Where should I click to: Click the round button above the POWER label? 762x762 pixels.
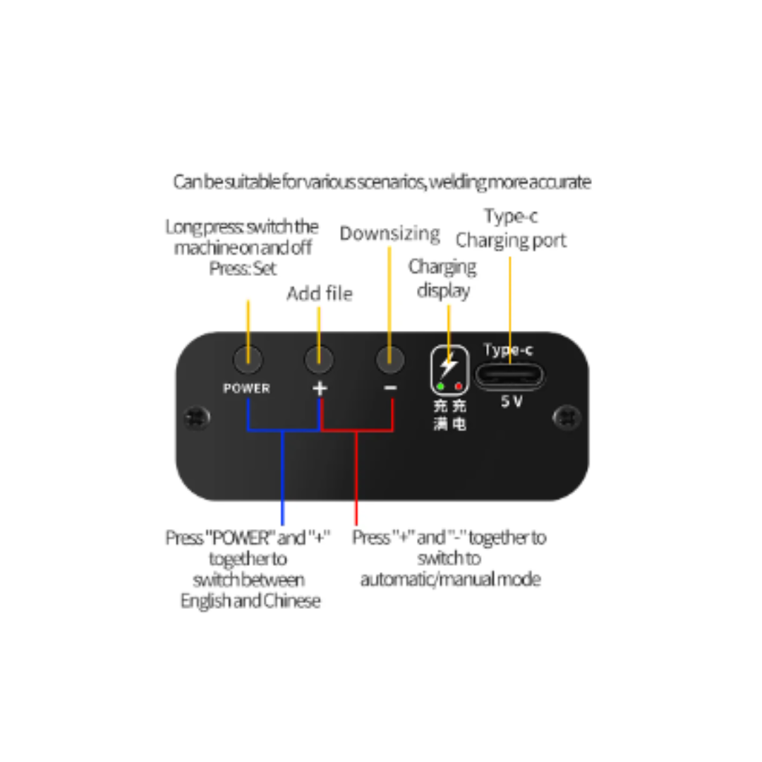[x=248, y=360]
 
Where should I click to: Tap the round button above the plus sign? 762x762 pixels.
[x=319, y=360]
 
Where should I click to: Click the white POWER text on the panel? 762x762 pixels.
[x=246, y=388]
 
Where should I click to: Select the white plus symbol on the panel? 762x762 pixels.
[x=320, y=388]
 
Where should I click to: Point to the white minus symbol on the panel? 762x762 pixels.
[x=390, y=388]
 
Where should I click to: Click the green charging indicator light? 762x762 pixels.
[x=440, y=387]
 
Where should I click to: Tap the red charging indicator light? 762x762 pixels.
[x=459, y=387]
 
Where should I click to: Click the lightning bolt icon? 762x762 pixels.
[x=448, y=365]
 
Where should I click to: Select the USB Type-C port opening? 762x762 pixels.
[x=509, y=375]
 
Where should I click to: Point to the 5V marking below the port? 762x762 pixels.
[x=512, y=401]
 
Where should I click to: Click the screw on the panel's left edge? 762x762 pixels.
[x=197, y=418]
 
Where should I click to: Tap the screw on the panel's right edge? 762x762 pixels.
[x=567, y=418]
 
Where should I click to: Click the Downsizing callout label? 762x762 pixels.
[x=389, y=234]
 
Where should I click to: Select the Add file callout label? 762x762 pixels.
[x=320, y=294]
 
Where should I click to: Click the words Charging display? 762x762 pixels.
[x=442, y=279]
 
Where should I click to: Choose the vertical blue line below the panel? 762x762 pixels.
[x=282, y=478]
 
